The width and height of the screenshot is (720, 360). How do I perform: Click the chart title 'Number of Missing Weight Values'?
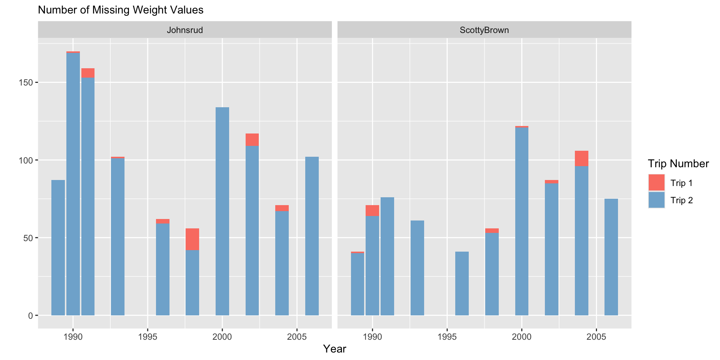(121, 10)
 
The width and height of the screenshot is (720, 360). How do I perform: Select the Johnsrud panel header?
(184, 30)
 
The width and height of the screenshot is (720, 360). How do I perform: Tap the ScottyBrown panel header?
(484, 30)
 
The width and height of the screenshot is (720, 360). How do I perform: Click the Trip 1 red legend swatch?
(656, 183)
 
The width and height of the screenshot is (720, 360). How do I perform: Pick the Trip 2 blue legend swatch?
(656, 200)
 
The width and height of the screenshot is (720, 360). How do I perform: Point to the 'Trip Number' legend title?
(678, 163)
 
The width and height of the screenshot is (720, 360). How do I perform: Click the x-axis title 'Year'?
(334, 349)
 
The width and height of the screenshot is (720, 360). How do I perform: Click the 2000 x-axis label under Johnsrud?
(222, 337)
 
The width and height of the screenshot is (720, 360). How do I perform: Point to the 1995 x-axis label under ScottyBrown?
(447, 337)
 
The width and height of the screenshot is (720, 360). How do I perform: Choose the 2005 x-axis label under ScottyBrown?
(596, 337)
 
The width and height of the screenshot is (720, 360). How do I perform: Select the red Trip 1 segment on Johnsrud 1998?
(192, 239)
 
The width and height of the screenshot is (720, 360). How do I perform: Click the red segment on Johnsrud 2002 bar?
(252, 140)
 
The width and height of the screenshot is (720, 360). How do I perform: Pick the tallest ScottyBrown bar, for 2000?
(522, 221)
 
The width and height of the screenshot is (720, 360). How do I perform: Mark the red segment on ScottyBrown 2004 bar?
(582, 159)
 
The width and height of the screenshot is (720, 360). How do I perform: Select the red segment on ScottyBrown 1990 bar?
(372, 211)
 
